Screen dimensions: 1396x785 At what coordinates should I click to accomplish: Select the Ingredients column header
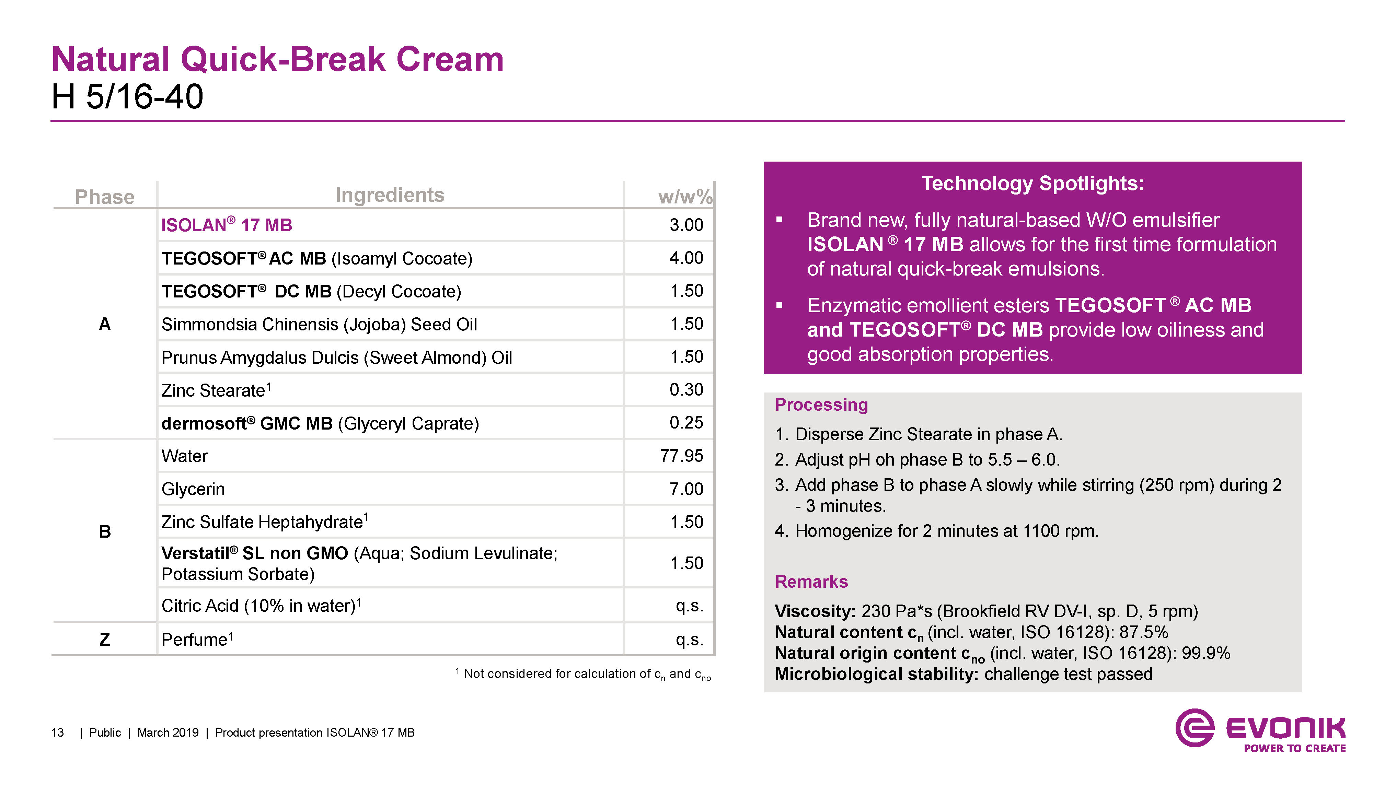[x=390, y=195]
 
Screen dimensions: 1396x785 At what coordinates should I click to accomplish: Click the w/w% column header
[x=685, y=197]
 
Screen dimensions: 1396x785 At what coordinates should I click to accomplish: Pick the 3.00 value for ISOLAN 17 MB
[x=686, y=224]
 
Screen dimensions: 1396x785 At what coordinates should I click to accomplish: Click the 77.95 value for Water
[x=681, y=456]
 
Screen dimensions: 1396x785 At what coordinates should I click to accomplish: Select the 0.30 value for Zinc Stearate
[x=686, y=389]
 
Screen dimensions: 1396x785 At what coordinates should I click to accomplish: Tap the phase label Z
[x=105, y=639]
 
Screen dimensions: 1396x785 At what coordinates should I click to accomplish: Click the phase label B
[x=105, y=531]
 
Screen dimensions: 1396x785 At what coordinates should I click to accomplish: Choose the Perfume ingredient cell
[x=197, y=639]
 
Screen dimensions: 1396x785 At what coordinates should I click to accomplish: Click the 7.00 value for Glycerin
[x=686, y=489]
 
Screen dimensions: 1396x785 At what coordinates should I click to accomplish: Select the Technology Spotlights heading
[x=1032, y=183]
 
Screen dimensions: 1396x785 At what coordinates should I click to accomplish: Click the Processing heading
[x=821, y=405]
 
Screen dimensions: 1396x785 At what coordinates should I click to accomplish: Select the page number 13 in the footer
[x=57, y=733]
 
